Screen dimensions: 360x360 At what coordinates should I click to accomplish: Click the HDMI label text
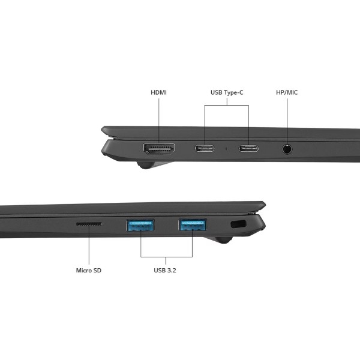[x=158, y=92]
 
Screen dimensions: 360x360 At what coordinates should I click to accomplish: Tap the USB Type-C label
[x=227, y=92]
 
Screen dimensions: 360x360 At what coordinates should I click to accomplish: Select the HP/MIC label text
[x=287, y=92]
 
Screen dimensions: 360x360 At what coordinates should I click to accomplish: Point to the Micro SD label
[x=89, y=270]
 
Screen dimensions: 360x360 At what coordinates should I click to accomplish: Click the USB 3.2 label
[x=165, y=270]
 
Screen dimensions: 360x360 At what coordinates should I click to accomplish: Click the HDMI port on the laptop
[x=159, y=149]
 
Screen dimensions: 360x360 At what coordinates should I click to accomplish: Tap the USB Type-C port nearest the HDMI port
[x=205, y=148]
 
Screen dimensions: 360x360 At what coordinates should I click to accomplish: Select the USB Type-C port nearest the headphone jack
[x=248, y=148]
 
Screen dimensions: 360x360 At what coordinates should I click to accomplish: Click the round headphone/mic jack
[x=287, y=149]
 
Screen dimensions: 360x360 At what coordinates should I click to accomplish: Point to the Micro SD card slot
[x=89, y=224]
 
